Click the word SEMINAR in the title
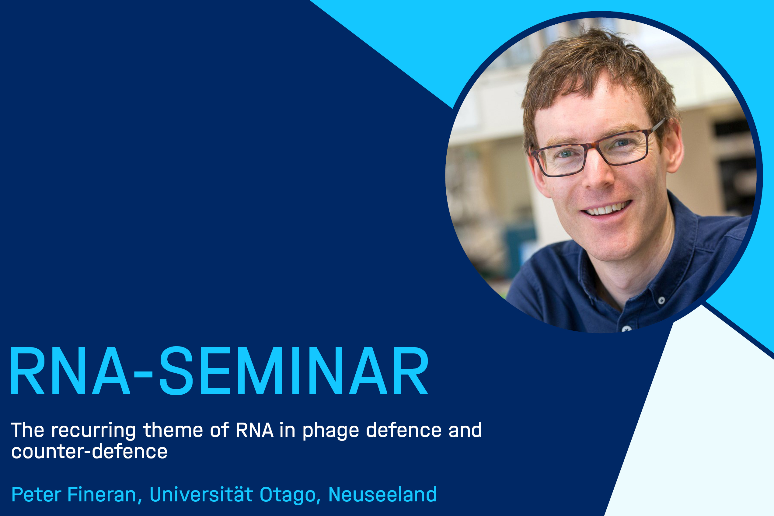tap(294, 371)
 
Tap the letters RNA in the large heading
tap(70, 371)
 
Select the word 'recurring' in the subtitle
tap(93, 431)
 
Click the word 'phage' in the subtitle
tap(330, 431)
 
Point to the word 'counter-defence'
tap(89, 451)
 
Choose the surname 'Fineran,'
tap(105, 495)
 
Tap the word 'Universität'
tap(201, 494)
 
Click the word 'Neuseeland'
tap(382, 494)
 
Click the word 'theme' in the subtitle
tap(173, 430)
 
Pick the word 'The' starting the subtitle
tap(28, 430)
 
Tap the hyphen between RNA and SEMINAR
tap(144, 374)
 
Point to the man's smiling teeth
tap(605, 209)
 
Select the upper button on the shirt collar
tap(661, 300)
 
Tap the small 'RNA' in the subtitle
tap(255, 430)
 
